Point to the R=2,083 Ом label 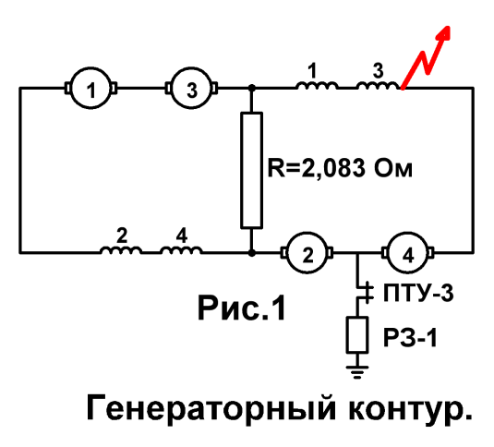(340, 168)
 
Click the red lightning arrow (426, 57)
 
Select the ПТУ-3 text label (418, 293)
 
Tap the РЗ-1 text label (410, 338)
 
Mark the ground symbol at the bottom (357, 371)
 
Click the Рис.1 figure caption (242, 308)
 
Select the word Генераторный (211, 408)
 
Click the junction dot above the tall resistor (251, 89)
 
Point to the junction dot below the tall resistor (251, 253)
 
